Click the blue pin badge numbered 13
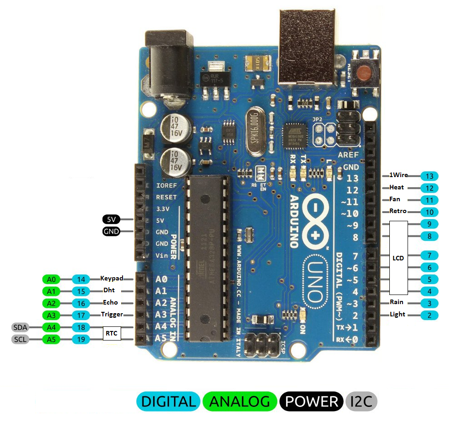(429, 176)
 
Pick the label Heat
(396, 187)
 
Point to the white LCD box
(398, 258)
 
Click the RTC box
(112, 333)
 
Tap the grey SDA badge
(20, 327)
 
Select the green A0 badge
(51, 279)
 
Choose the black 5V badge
(111, 219)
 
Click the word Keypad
(112, 278)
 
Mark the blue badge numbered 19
(81, 339)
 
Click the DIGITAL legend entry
(168, 402)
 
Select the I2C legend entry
(362, 402)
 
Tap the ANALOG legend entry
(240, 402)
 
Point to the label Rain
(396, 302)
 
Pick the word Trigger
(112, 314)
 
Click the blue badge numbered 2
(429, 315)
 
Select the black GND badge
(111, 231)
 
